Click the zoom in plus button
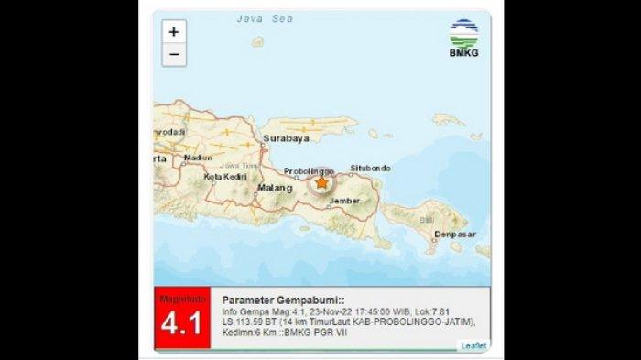pyautogui.click(x=173, y=32)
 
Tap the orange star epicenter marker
pyautogui.click(x=320, y=183)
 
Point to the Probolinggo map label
pyautogui.click(x=306, y=170)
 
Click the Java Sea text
pyautogui.click(x=257, y=17)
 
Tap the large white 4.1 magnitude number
pyautogui.click(x=180, y=325)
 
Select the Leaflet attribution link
pyautogui.click(x=473, y=344)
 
